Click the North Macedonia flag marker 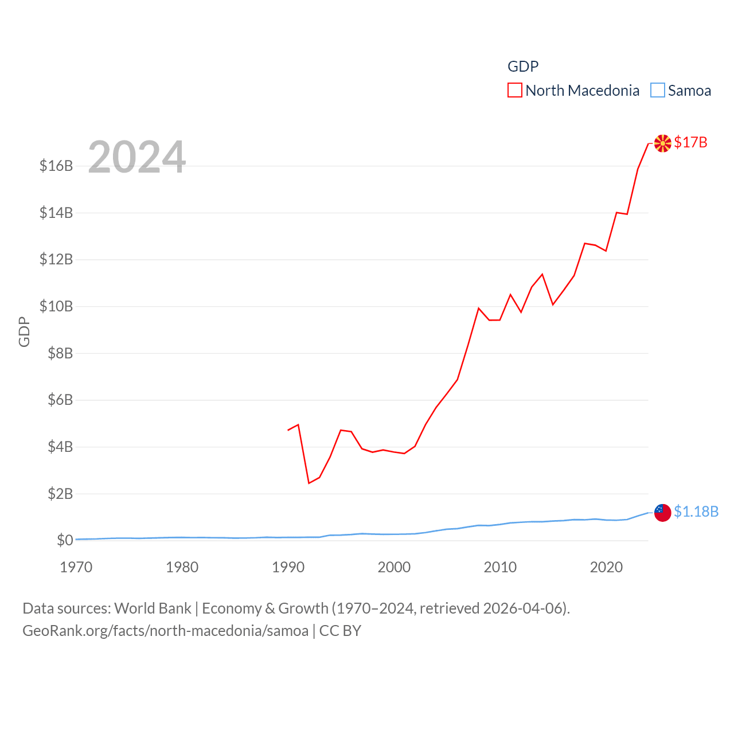(x=662, y=143)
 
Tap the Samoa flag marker (x=662, y=513)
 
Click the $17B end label (x=690, y=142)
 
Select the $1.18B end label (x=696, y=512)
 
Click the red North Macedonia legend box (x=514, y=91)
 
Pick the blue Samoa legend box (x=657, y=91)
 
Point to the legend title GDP (x=523, y=67)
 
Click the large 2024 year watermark (x=136, y=157)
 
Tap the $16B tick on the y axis (x=56, y=166)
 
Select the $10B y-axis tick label (x=56, y=306)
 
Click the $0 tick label (x=65, y=540)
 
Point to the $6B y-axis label (x=60, y=400)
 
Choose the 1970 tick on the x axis (x=76, y=567)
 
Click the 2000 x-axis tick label (x=394, y=567)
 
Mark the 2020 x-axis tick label (x=606, y=567)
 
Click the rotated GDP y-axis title (x=24, y=331)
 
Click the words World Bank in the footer (x=153, y=608)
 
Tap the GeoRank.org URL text (x=165, y=631)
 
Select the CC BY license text (x=340, y=631)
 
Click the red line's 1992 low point (x=309, y=483)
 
